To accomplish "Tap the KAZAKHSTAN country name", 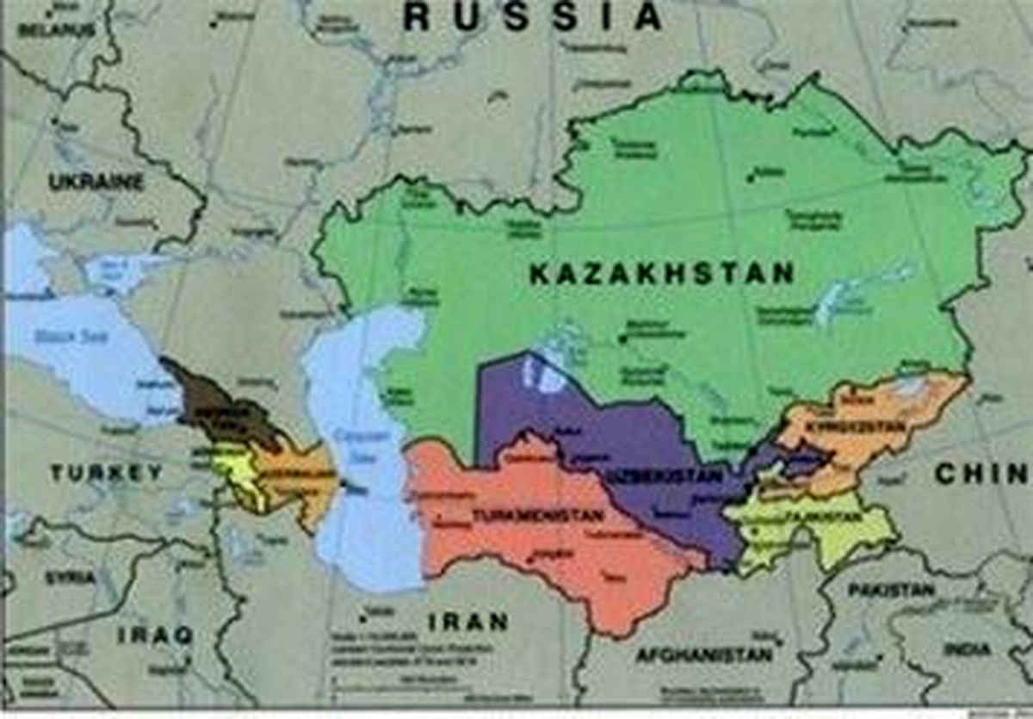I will (661, 275).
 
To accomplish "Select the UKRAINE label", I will (96, 182).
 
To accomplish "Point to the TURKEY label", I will (106, 472).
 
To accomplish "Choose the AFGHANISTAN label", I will (703, 655).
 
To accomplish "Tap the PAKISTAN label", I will (891, 590).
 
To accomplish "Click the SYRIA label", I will (70, 577).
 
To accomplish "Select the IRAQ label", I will (155, 635).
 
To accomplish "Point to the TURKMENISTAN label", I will (537, 516).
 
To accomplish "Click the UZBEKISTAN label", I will (651, 476).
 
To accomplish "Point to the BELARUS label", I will (56, 30).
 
